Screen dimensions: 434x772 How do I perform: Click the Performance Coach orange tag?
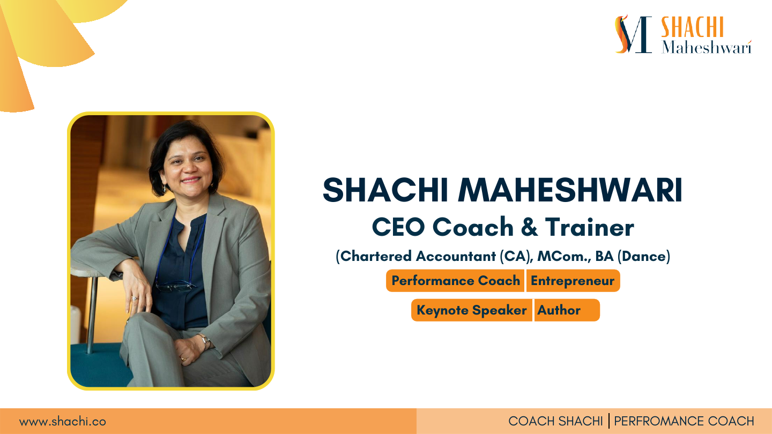tap(455, 281)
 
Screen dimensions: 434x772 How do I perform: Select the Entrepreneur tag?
tap(573, 281)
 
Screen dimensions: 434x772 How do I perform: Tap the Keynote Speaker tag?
tap(471, 310)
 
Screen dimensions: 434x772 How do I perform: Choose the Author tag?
tap(559, 310)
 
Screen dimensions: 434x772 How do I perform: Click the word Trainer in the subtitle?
tap(589, 228)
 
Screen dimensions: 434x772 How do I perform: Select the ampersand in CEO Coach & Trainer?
tap(529, 228)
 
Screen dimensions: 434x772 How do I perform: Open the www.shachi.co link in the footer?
tap(63, 422)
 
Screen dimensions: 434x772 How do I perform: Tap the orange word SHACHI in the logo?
tap(692, 27)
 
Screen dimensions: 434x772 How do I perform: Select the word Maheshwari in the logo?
tap(706, 47)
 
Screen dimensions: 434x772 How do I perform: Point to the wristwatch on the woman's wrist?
tap(204, 341)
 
